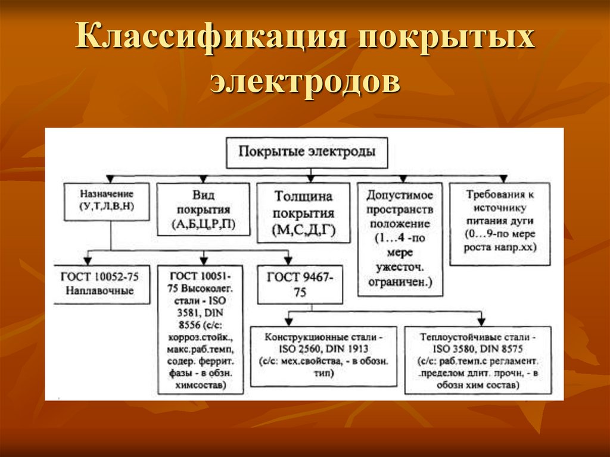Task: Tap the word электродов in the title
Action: (304, 82)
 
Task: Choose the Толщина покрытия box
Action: (303, 213)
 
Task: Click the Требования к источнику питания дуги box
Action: (500, 224)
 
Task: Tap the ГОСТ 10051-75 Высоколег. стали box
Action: (201, 329)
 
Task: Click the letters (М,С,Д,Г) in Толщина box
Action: (303, 230)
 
